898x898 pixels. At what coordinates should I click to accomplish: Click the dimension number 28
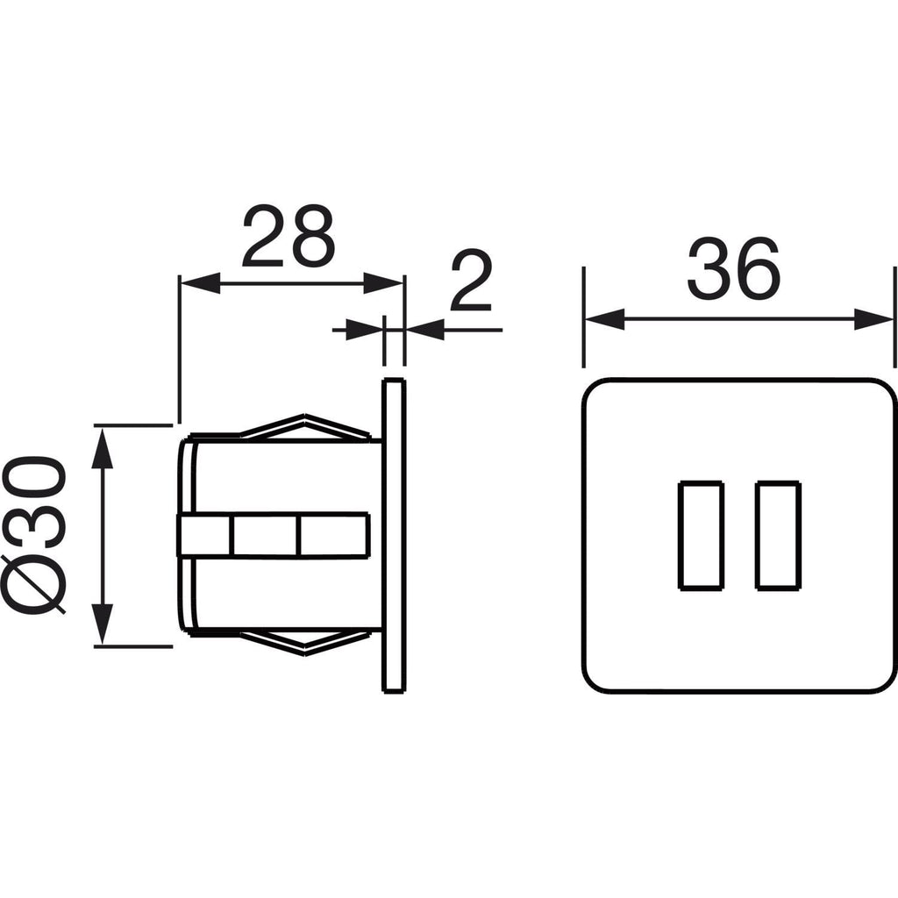(288, 237)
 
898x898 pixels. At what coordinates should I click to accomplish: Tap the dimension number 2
(471, 280)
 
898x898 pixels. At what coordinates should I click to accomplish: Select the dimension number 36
(734, 268)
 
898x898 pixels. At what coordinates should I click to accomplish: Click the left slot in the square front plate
(701, 536)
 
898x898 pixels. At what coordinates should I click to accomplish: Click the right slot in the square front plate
(778, 536)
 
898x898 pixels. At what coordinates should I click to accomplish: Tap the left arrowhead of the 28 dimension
(201, 283)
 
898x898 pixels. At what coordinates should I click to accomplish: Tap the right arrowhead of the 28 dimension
(384, 283)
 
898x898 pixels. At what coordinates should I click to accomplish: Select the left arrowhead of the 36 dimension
(604, 319)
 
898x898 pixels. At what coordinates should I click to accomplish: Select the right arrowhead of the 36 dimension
(874, 319)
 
